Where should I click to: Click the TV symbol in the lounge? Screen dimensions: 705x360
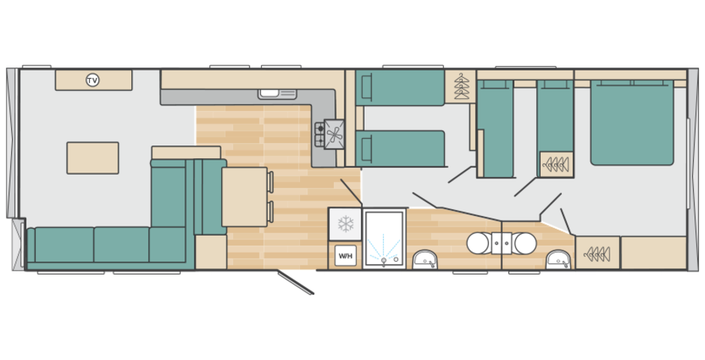pyautogui.click(x=92, y=80)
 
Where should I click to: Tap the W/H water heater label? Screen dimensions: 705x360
pyautogui.click(x=345, y=256)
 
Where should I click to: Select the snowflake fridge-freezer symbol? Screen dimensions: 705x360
pyautogui.click(x=345, y=223)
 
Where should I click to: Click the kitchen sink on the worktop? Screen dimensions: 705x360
pyautogui.click(x=277, y=94)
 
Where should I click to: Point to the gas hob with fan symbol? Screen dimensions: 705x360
pyautogui.click(x=329, y=134)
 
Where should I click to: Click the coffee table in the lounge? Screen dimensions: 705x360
pyautogui.click(x=92, y=157)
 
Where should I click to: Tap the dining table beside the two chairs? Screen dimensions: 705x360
pyautogui.click(x=244, y=196)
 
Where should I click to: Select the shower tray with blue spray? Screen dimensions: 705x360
pyautogui.click(x=384, y=239)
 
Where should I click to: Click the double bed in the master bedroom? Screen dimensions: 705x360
pyautogui.click(x=631, y=122)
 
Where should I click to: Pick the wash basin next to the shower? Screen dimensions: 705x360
pyautogui.click(x=424, y=259)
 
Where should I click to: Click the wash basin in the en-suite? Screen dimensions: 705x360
pyautogui.click(x=559, y=259)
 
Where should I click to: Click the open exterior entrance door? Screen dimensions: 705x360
pyautogui.click(x=295, y=282)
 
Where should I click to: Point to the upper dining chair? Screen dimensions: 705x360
pyautogui.click(x=270, y=181)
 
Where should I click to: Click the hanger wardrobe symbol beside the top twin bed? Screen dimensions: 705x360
pyautogui.click(x=460, y=86)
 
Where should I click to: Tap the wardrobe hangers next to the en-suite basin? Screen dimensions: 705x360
pyautogui.click(x=598, y=253)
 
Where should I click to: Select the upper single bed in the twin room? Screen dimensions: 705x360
pyautogui.click(x=400, y=88)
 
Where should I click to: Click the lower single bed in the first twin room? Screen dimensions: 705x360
pyautogui.click(x=400, y=148)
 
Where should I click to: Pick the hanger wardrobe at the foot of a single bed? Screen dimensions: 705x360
pyautogui.click(x=556, y=164)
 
